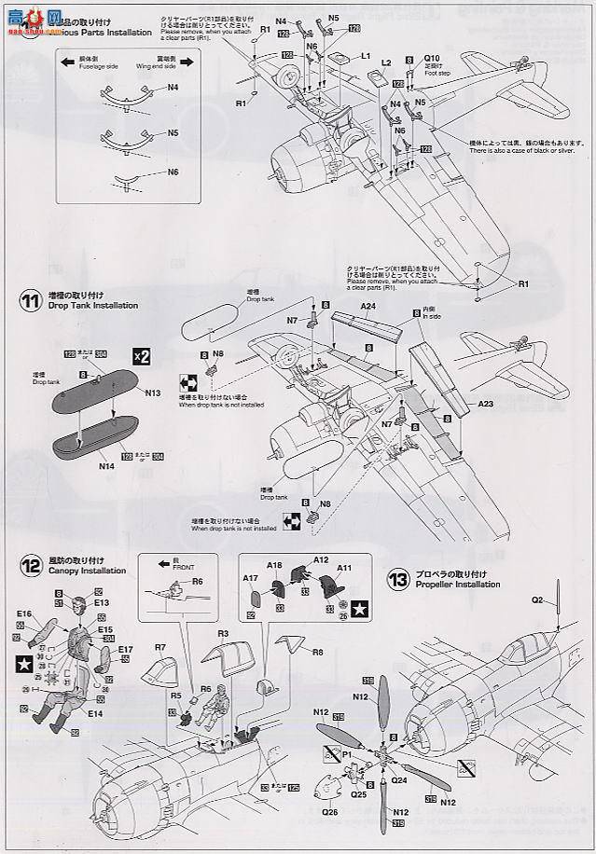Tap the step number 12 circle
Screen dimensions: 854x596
(x=31, y=565)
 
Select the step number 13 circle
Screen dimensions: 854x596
(x=398, y=580)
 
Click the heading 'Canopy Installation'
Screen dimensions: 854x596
(x=86, y=571)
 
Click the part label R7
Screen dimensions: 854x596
(x=160, y=646)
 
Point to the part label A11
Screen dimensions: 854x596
(x=343, y=567)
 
